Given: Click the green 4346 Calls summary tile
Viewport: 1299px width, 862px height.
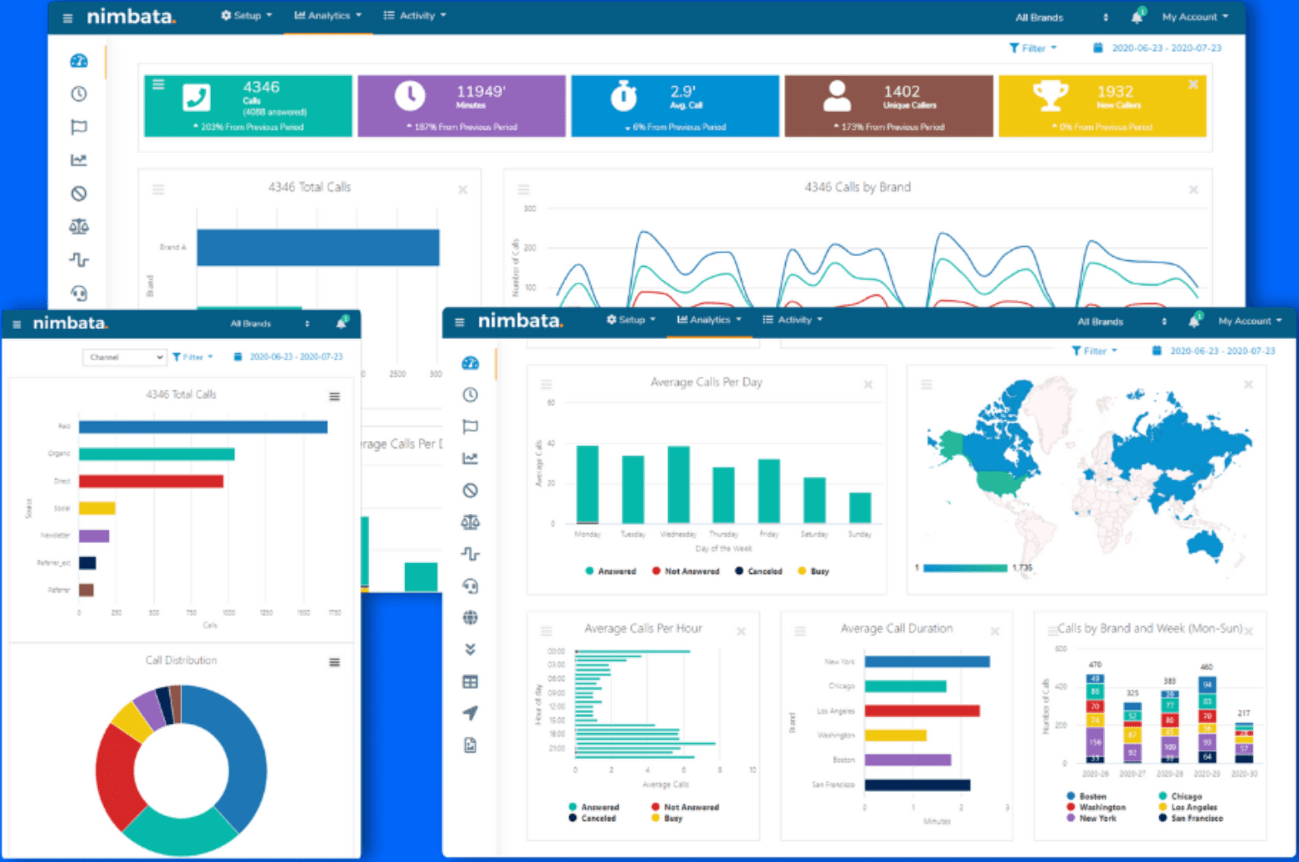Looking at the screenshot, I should click(248, 105).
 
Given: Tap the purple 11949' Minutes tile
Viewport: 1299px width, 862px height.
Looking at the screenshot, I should click(461, 105).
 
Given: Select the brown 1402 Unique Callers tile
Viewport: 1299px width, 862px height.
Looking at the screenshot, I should click(888, 105).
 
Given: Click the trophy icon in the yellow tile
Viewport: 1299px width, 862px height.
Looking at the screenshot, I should click(1050, 95).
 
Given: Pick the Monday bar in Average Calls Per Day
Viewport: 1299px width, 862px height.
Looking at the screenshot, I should click(588, 485).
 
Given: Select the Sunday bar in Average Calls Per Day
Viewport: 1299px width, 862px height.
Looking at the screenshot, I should click(860, 507).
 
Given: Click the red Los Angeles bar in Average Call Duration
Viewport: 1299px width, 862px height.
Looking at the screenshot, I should click(922, 711).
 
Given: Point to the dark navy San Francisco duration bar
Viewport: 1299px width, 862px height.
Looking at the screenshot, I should click(916, 785).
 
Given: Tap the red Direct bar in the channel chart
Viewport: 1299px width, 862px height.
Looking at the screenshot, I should click(151, 481).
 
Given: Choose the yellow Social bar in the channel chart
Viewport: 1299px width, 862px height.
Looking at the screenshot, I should click(97, 508).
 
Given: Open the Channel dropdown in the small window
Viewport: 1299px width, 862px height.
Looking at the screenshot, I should click(124, 357).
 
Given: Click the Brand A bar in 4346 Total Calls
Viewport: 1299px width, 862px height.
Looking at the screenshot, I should click(317, 248).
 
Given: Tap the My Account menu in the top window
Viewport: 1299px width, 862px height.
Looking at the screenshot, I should click(1194, 17).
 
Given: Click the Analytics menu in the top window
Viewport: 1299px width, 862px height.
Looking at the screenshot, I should click(328, 16).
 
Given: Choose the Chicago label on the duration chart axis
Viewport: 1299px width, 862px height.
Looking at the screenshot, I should click(841, 686).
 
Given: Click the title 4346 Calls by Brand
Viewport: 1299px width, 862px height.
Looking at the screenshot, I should click(857, 187).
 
